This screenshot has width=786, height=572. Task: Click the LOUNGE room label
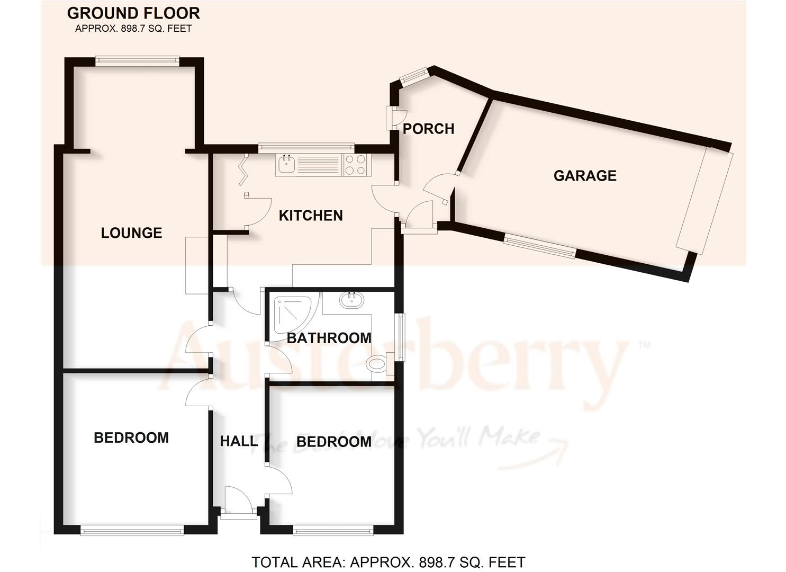(131, 233)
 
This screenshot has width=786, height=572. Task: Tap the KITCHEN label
(311, 216)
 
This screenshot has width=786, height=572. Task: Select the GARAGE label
(585, 176)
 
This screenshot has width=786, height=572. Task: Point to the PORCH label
(428, 129)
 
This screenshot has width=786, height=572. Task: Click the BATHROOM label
(329, 338)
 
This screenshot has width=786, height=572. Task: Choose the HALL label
(239, 441)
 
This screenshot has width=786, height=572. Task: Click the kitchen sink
(286, 164)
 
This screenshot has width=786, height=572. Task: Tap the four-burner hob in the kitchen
(356, 164)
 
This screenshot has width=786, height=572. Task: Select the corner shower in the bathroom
(293, 317)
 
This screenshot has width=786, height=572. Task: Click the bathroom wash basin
(351, 300)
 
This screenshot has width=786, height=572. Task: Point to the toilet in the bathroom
(376, 364)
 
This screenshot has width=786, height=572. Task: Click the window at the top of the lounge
(137, 61)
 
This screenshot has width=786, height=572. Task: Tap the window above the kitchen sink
(306, 147)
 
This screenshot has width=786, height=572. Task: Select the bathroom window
(401, 337)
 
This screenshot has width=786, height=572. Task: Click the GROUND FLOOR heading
(133, 13)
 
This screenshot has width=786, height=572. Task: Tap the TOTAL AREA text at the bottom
(388, 562)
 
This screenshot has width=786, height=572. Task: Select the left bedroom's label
(131, 437)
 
